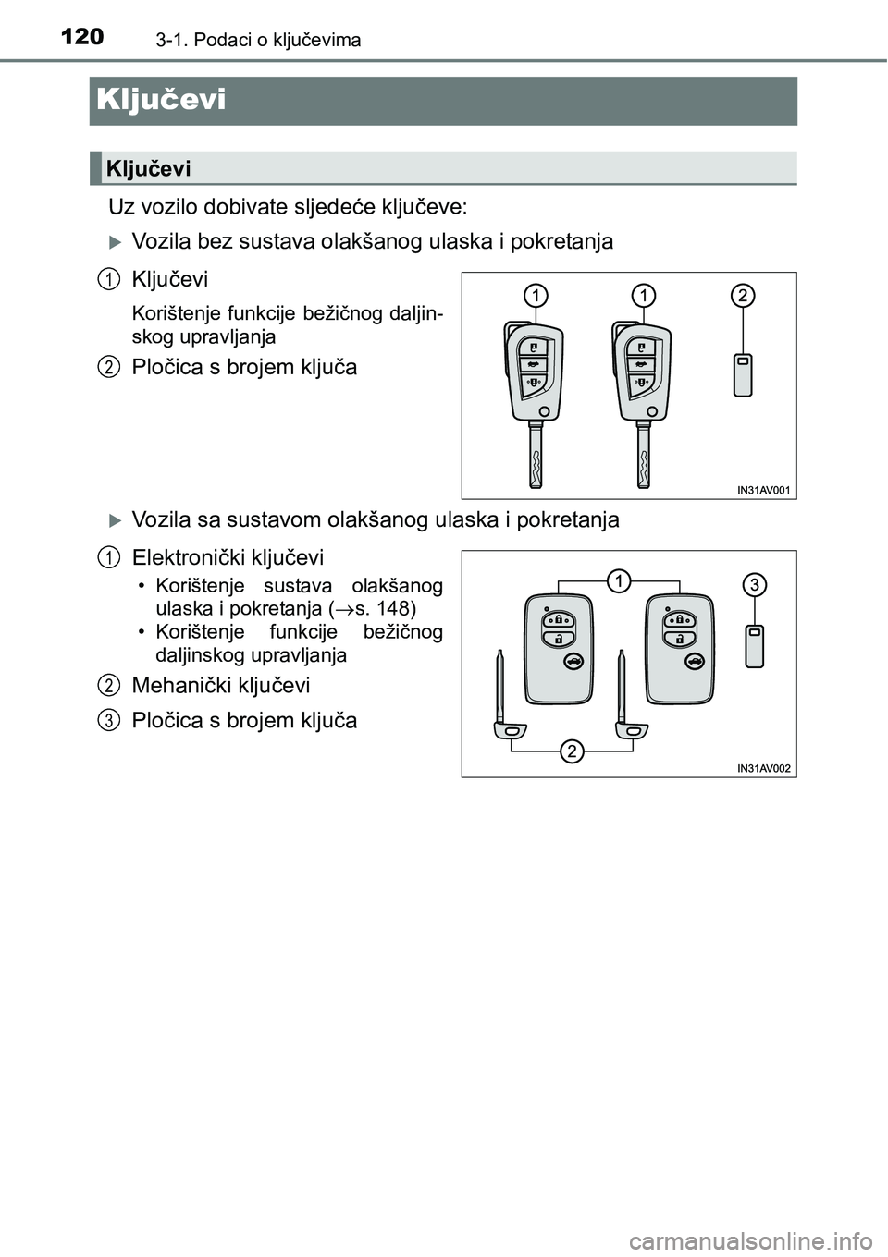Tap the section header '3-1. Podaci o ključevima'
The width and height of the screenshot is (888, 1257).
(245, 40)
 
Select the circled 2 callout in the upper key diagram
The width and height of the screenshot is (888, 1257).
(743, 296)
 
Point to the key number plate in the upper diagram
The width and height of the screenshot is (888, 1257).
(743, 374)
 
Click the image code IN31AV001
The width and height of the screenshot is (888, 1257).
(764, 490)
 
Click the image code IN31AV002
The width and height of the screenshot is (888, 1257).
(764, 768)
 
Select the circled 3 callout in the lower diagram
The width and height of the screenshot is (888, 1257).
(755, 584)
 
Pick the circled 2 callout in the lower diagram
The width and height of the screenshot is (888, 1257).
(573, 751)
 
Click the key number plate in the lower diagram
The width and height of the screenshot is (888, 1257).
(755, 645)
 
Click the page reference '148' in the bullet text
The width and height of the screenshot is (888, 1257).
(393, 609)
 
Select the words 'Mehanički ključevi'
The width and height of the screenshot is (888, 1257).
(221, 685)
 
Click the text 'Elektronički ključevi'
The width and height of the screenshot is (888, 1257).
(228, 557)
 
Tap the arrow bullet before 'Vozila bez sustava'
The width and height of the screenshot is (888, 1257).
(115, 242)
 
